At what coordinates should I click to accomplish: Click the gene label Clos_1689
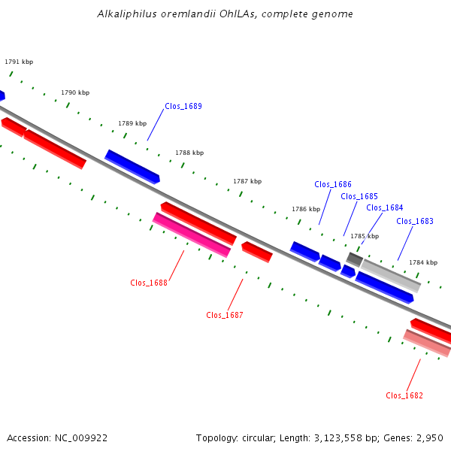coord(183,107)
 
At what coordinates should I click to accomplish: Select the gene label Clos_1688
coord(149,283)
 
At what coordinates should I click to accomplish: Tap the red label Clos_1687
coord(225,315)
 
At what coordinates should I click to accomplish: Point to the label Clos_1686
coord(333,184)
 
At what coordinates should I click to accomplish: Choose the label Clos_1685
coord(359,196)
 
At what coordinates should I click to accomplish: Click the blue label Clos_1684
coord(385,207)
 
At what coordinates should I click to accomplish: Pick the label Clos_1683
coord(415,221)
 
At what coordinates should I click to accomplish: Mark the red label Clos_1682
coord(404,396)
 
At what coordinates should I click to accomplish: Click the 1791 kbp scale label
coord(19,62)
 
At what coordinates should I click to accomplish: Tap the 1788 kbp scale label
coord(189,153)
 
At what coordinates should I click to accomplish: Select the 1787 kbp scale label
coord(247,181)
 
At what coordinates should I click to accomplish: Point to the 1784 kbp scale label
coord(423,262)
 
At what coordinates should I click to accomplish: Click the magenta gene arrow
coord(192,235)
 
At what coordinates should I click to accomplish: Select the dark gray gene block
coord(354,259)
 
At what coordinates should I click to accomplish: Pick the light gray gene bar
coord(391,276)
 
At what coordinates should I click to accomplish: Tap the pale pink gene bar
coord(427,344)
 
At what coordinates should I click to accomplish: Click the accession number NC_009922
coord(81,438)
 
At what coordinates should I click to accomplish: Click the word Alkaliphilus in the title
coord(127,14)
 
